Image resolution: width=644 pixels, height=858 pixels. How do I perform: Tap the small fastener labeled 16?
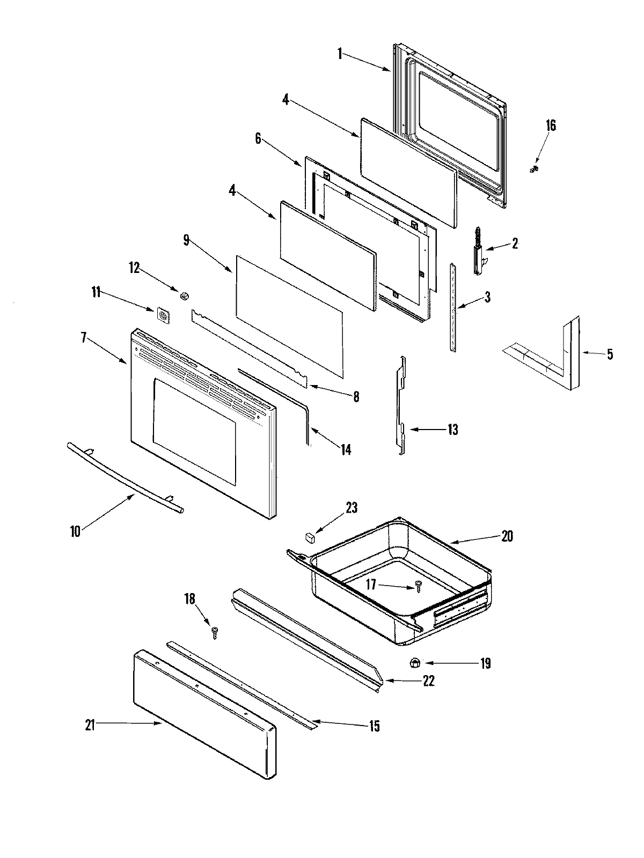pos(533,169)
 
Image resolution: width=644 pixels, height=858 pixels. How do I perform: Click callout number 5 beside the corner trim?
pos(610,354)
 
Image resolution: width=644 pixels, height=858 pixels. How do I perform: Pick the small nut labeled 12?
pos(185,295)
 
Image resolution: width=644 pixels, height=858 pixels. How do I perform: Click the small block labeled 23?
pos(309,536)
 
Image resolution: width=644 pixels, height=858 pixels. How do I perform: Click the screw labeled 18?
pos(216,633)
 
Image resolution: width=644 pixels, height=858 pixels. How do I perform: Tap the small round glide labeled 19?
pos(414,663)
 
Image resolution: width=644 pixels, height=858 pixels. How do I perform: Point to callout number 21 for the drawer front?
pos(90,725)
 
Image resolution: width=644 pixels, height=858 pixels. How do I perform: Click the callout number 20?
pos(507,536)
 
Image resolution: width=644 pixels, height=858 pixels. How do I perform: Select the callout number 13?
pos(452,430)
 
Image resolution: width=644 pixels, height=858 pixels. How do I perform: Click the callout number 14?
pos(346,449)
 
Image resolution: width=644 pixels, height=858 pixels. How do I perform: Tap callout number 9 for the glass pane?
pos(186,240)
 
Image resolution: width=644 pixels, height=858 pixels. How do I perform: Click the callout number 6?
pos(258,138)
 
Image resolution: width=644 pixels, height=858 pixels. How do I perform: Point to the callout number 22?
pos(428,681)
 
